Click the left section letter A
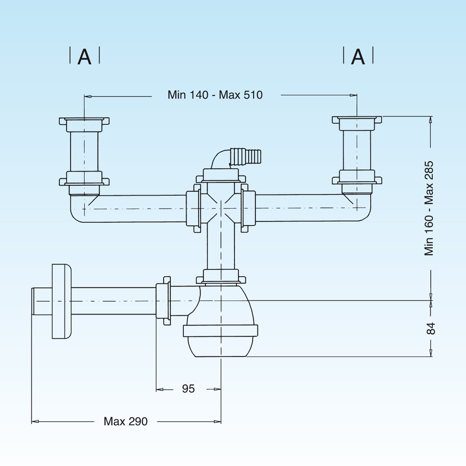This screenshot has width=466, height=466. (x=84, y=57)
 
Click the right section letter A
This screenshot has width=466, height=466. (x=358, y=57)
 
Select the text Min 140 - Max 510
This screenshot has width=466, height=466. (x=215, y=95)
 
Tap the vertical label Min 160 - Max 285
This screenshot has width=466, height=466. (x=429, y=208)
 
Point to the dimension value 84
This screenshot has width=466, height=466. (x=431, y=329)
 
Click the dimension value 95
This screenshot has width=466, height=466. (x=188, y=389)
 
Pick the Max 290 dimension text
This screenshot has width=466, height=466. (x=125, y=421)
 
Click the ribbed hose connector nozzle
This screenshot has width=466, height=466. (x=247, y=156)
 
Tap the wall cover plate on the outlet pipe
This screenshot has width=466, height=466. (x=61, y=302)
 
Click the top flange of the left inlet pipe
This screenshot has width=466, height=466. (x=84, y=121)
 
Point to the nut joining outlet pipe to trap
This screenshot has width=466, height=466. (x=163, y=301)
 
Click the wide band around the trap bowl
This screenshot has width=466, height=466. (x=220, y=331)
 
